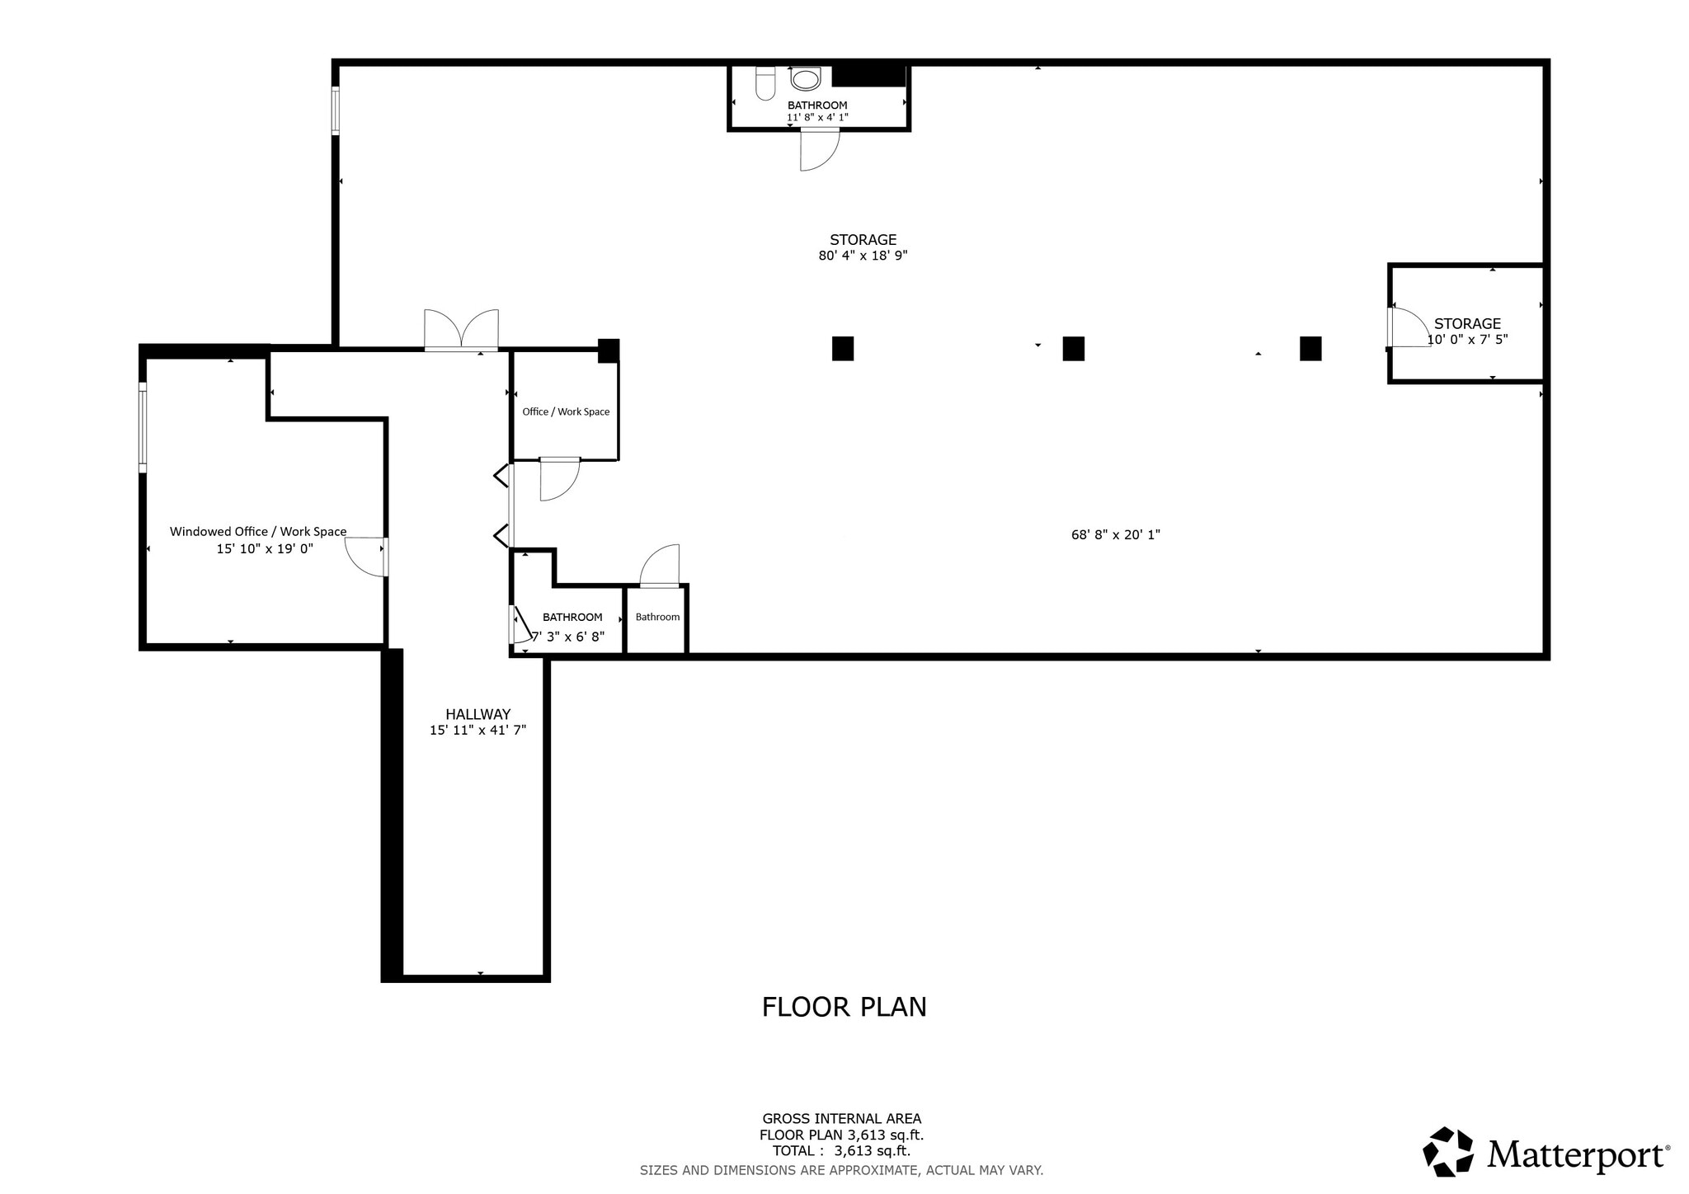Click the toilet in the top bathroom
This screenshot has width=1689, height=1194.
765,83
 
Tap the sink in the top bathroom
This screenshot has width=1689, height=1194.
805,79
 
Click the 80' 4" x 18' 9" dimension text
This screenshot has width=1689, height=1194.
863,256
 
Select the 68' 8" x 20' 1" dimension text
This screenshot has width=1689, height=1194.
1115,534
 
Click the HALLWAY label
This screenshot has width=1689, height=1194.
478,714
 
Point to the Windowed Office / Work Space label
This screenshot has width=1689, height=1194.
258,532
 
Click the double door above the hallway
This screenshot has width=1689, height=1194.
461,330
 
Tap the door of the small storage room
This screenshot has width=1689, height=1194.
1407,327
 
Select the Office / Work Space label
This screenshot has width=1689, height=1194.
566,411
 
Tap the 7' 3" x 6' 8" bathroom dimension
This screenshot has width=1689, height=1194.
568,637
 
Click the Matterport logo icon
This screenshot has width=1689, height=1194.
1448,1151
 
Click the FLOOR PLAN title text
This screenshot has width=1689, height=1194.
844,1007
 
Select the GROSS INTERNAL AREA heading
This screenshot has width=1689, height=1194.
841,1119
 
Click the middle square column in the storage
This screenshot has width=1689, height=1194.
1073,349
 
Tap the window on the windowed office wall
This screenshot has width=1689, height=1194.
143,427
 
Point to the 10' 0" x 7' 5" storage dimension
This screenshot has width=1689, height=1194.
1467,339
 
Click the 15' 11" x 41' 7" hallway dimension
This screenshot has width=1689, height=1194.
478,730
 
